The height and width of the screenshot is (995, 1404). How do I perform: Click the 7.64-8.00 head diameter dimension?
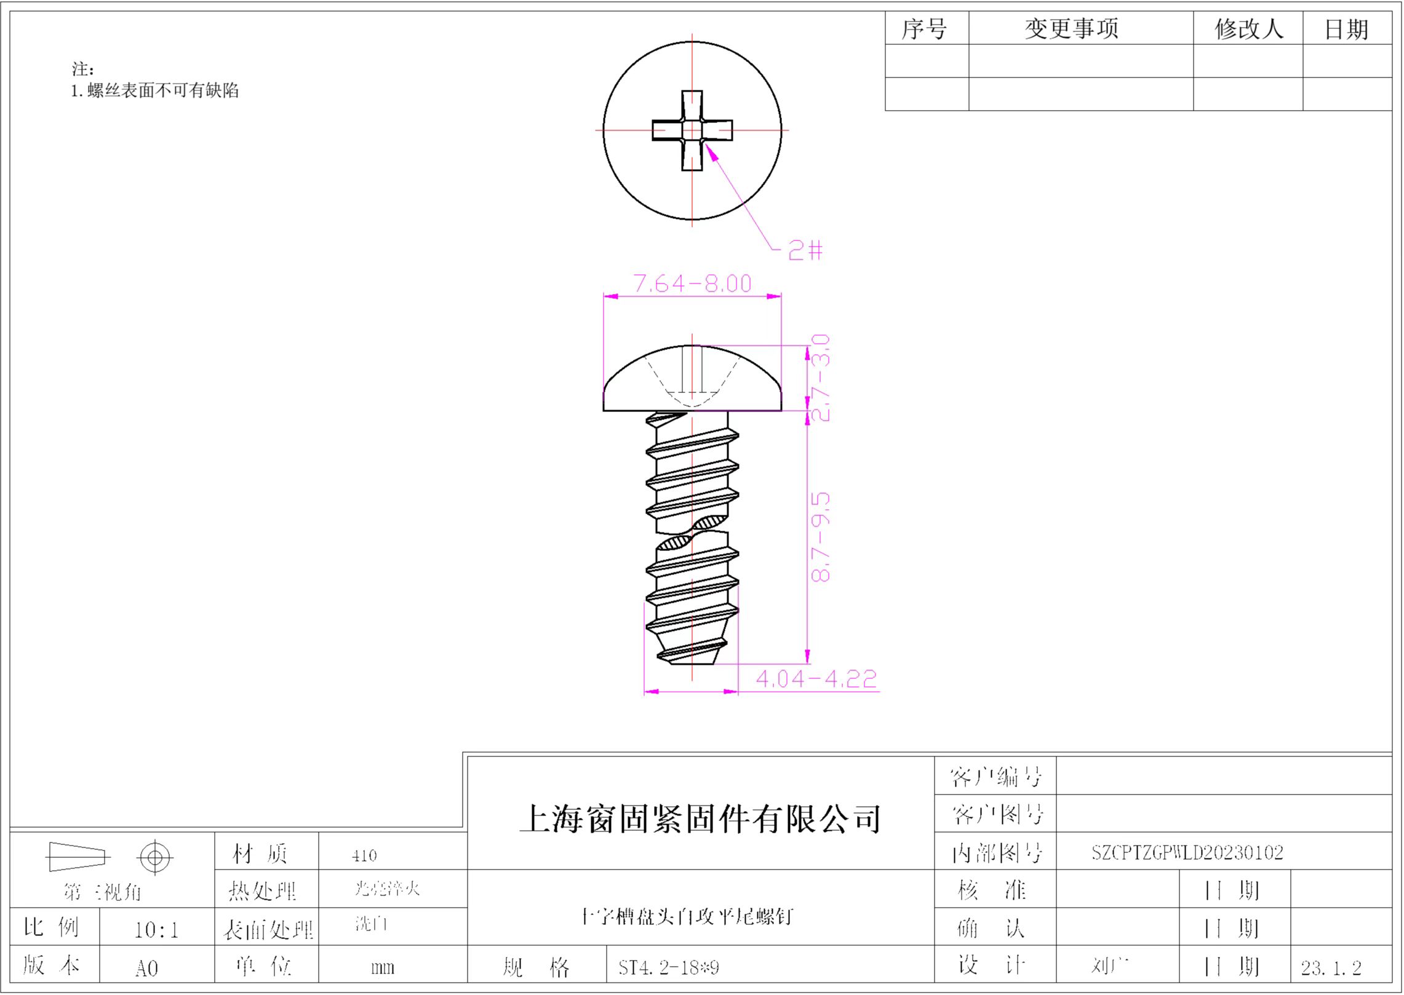(x=692, y=283)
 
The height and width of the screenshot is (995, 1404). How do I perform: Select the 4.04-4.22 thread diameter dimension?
(x=816, y=679)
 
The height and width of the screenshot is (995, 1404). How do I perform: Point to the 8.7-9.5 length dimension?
(x=821, y=537)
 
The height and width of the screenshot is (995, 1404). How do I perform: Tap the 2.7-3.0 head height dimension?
(x=821, y=378)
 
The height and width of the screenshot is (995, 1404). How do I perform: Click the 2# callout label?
(x=805, y=250)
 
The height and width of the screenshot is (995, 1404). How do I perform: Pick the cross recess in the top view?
(x=692, y=130)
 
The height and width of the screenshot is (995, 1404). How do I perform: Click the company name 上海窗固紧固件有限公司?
(x=700, y=819)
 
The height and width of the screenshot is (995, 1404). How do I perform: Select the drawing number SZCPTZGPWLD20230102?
(x=1187, y=852)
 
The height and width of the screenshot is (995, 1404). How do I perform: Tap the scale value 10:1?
(x=156, y=930)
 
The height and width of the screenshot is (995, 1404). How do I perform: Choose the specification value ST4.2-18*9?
(x=669, y=968)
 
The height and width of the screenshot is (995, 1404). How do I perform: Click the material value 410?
(x=364, y=855)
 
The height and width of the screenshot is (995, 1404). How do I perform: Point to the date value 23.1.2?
(x=1331, y=969)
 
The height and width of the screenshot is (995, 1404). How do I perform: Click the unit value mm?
(x=382, y=968)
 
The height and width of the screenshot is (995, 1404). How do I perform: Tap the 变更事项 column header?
(x=1071, y=29)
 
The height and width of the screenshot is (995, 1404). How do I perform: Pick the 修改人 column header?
(x=1248, y=29)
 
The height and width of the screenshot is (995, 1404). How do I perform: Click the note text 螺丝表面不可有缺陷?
(x=162, y=91)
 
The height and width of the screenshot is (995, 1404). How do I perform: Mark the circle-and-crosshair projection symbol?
(x=155, y=857)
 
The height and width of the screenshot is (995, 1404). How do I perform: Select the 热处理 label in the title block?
(x=263, y=890)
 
